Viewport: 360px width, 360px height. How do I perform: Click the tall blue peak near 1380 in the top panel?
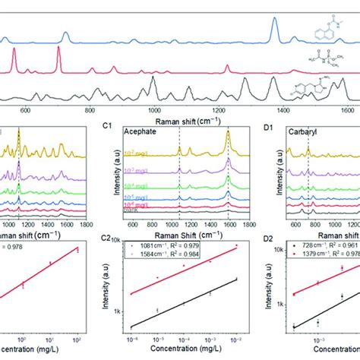point(275,23)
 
